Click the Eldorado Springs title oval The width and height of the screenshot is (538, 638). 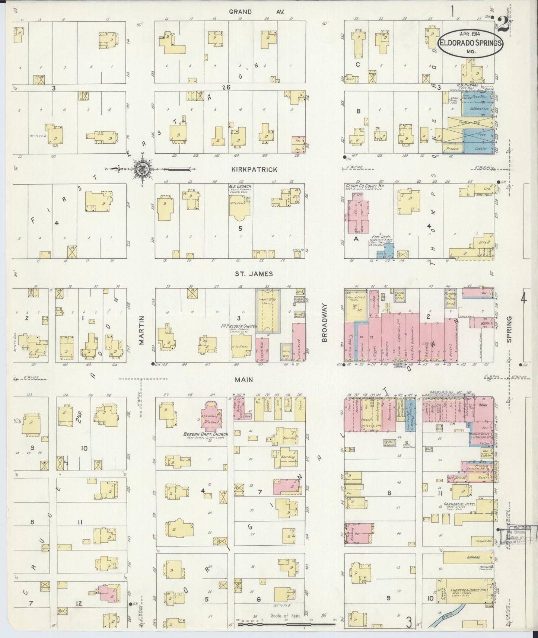(x=471, y=44)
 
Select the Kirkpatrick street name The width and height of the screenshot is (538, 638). (x=254, y=169)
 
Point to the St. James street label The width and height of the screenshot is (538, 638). (x=253, y=274)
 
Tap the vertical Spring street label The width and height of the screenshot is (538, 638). (x=509, y=329)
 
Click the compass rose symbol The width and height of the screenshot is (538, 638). (x=142, y=169)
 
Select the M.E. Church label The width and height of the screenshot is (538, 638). (x=240, y=186)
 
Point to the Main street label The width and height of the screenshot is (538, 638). (x=244, y=380)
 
